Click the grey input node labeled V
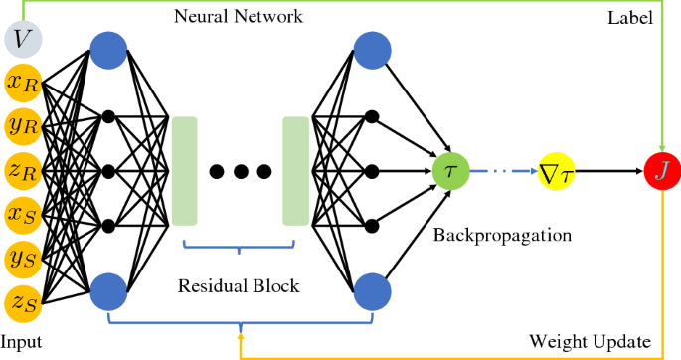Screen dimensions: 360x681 [23, 41]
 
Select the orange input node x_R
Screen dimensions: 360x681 [23, 84]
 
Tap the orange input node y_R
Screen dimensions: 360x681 [23, 126]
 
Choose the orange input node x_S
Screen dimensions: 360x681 [23, 213]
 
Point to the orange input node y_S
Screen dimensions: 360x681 [23, 257]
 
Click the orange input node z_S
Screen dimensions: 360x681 [23, 299]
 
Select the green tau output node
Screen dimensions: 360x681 [450, 170]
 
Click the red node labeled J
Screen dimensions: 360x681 [661, 170]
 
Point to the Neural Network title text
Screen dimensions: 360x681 [238, 17]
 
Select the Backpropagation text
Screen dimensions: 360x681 [502, 236]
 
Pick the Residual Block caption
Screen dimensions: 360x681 [239, 286]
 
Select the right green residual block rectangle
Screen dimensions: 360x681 [296, 170]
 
